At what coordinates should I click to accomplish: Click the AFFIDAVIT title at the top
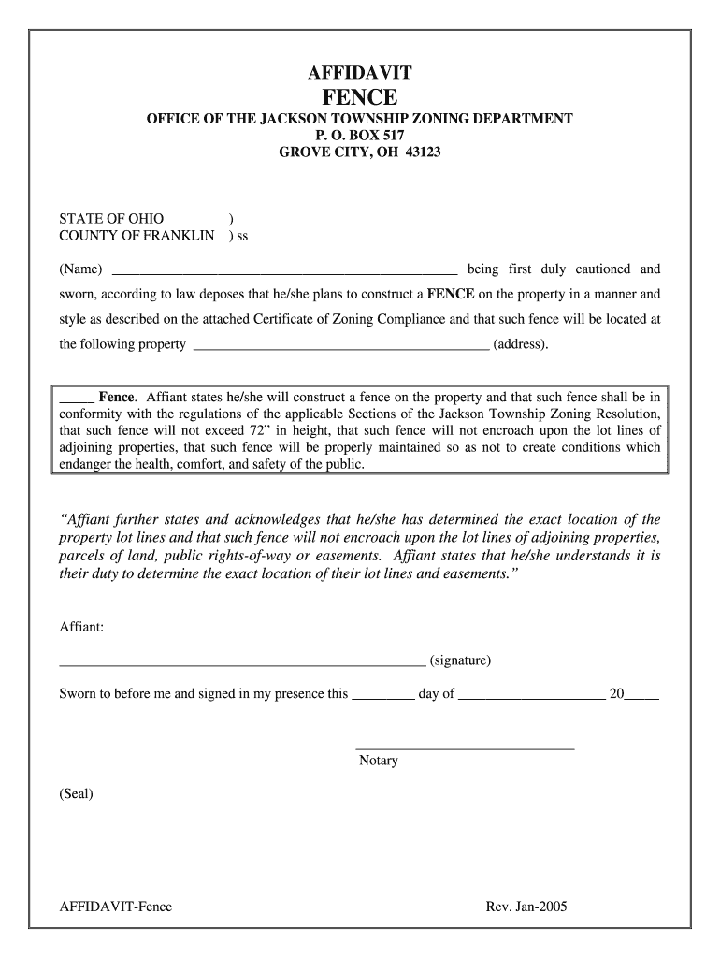point(360,73)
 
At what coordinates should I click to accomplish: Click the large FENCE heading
point(360,97)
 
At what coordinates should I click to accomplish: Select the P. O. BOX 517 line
point(360,136)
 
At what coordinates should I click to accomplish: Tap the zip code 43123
point(423,152)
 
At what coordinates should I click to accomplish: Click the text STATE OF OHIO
point(111,219)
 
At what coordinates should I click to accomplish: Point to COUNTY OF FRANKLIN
point(137,236)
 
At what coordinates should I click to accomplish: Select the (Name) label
point(81,269)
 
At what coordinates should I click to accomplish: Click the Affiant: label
point(81,627)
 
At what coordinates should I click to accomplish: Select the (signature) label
point(460,660)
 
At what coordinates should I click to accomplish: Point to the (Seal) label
point(76,793)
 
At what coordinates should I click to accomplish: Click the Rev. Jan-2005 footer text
point(526,907)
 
